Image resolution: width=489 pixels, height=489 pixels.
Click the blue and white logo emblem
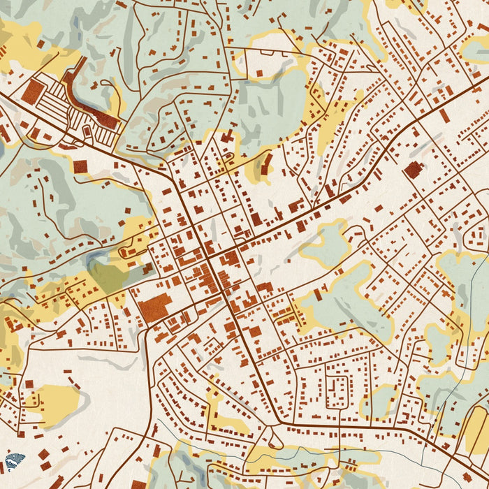14,461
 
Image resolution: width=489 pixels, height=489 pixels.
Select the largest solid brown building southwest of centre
154,307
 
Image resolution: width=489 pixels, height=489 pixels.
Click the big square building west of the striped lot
33,91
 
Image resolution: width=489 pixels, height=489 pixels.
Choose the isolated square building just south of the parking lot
81,166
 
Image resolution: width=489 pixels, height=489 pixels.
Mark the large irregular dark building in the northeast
413,169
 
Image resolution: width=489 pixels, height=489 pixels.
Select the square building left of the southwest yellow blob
29,384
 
